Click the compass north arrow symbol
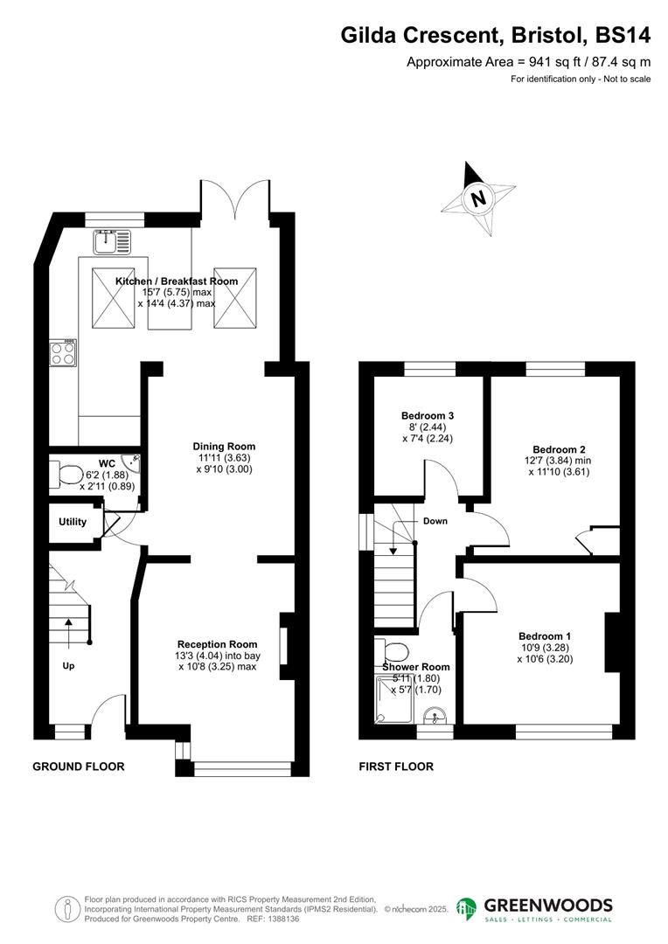pos(477,198)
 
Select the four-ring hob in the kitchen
pos(62,352)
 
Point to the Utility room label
pos(73,523)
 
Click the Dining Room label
pos(225,447)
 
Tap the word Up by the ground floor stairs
pos(67,665)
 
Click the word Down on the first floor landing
pos(435,521)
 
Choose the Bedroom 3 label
pos(428,415)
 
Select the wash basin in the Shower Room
pos(435,718)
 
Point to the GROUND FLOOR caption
pos(79,767)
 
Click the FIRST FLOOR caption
pos(396,767)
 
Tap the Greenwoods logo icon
pos(467,908)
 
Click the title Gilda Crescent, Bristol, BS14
pos(496,36)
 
